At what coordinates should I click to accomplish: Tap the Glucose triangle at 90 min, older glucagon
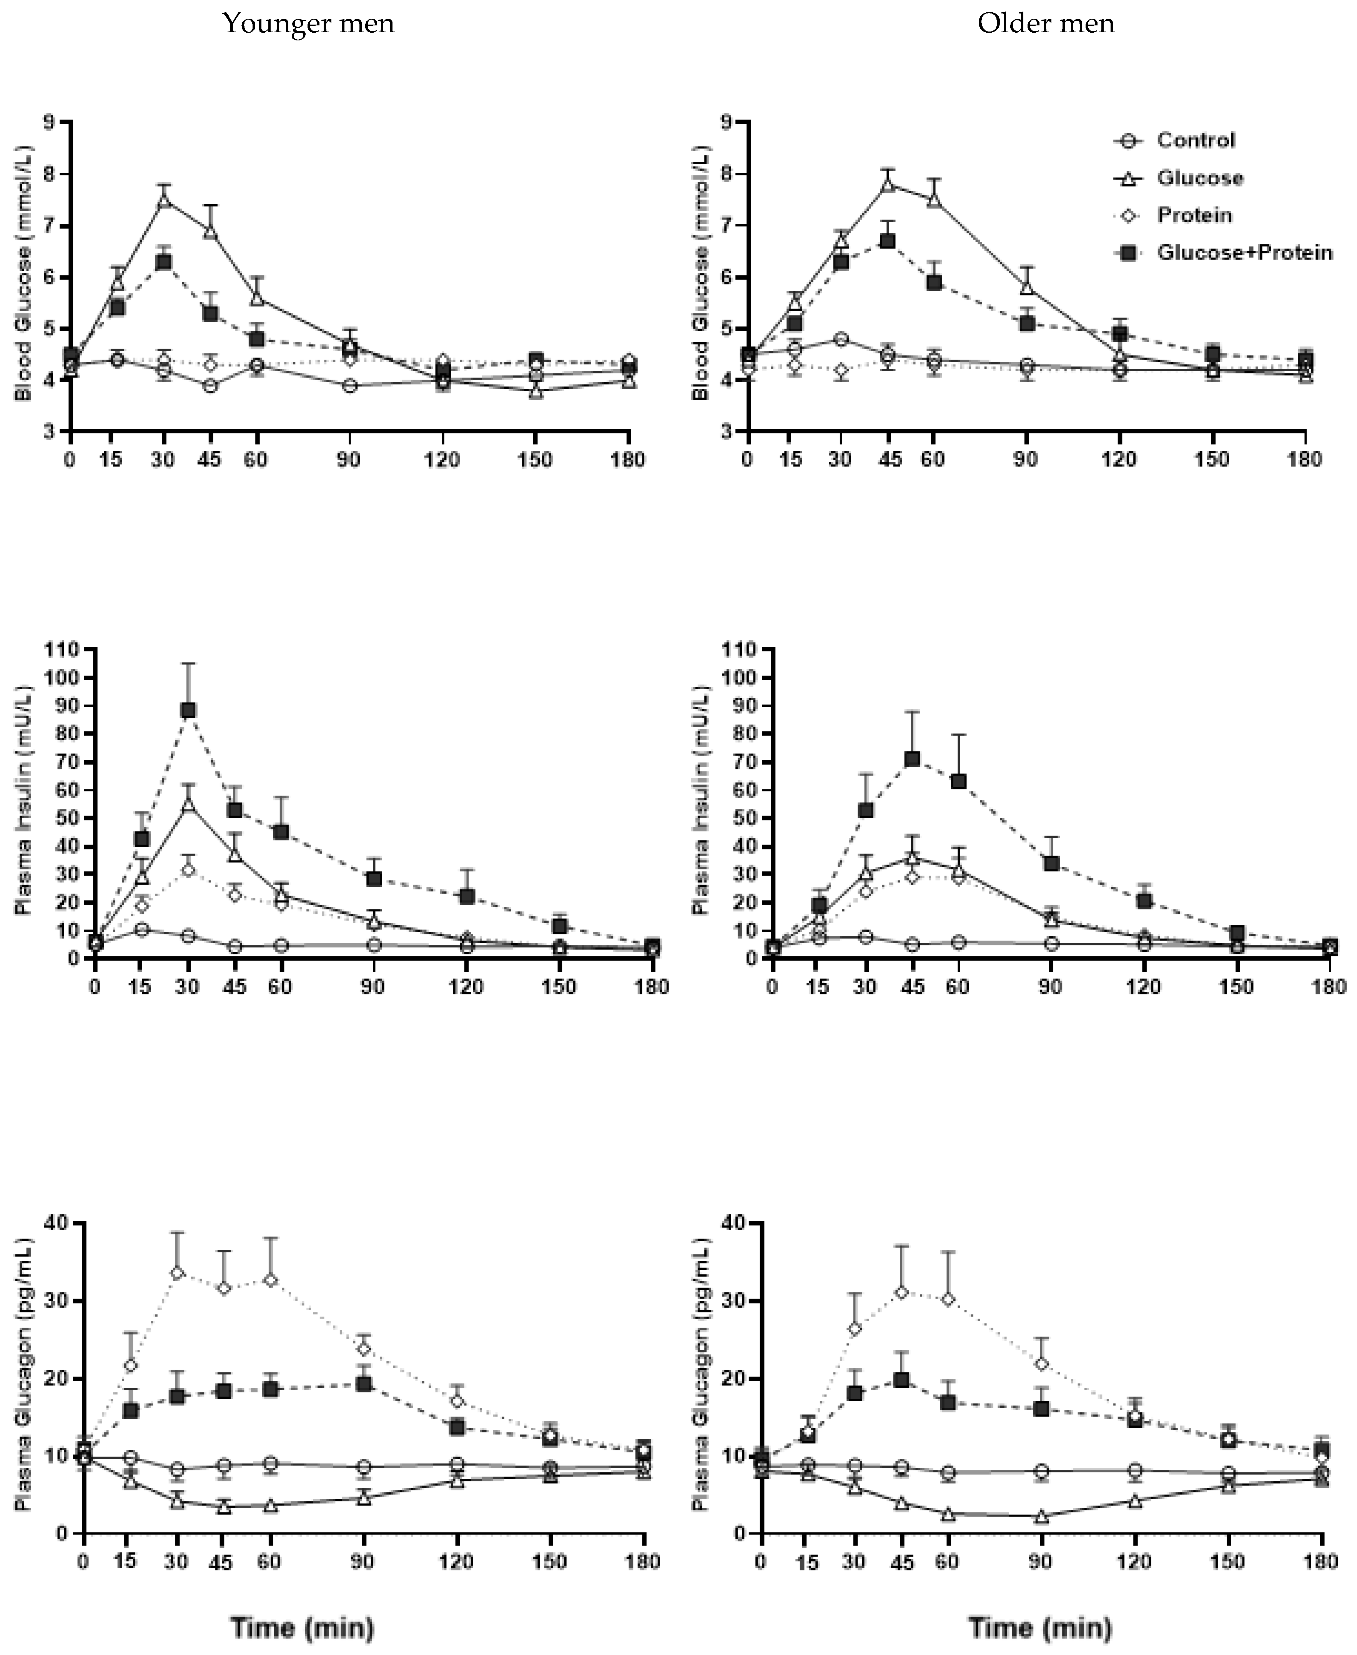[x=1040, y=1517]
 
